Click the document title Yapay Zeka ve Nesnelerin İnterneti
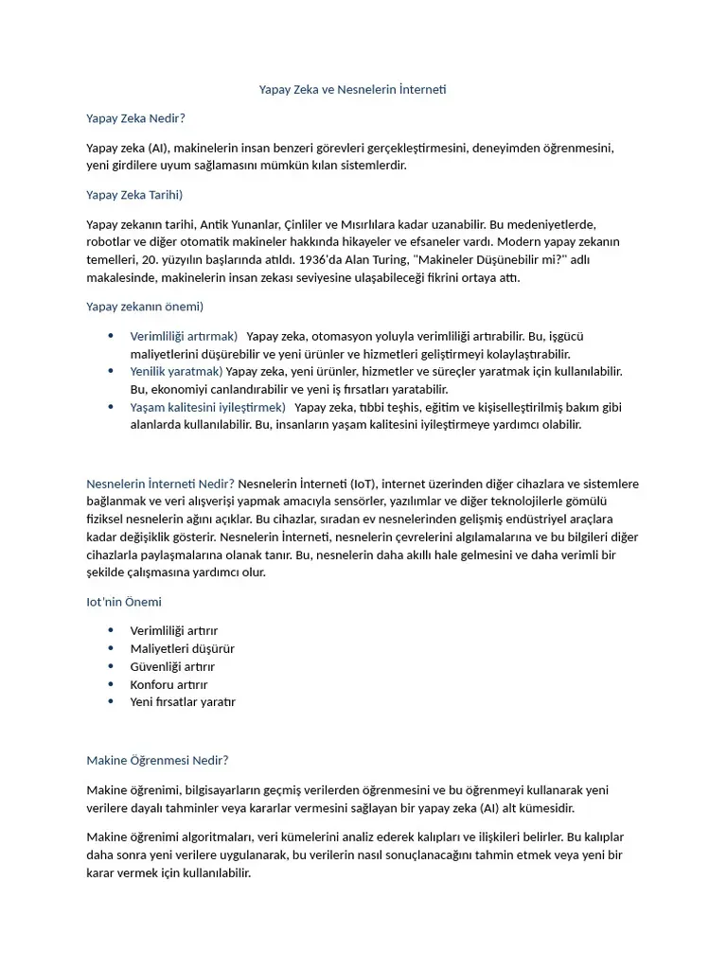(352, 90)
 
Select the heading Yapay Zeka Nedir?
(135, 118)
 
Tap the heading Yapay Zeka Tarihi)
(133, 195)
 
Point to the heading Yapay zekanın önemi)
(145, 307)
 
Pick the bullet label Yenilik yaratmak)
(176, 371)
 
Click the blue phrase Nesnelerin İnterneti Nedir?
(160, 484)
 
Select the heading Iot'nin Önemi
(124, 602)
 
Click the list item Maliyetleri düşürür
(182, 649)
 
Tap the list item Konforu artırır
(168, 684)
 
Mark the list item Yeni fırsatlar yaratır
(183, 702)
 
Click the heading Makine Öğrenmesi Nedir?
(157, 760)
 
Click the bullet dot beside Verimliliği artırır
(111, 630)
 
